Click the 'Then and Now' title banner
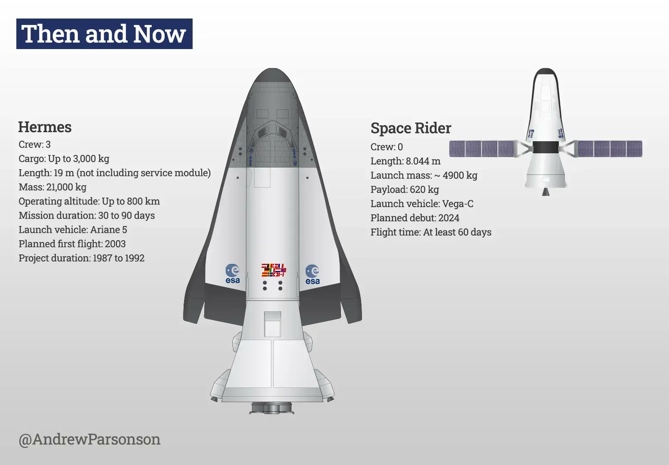pos(104,34)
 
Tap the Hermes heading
pos(45,127)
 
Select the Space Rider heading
pos(411,128)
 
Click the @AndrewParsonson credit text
pos(89,439)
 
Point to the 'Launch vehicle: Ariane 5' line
pos(73,229)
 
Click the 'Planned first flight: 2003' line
pos(72,244)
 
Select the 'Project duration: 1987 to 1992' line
pos(81,258)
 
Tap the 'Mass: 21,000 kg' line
pos(52,187)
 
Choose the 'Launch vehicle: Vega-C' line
pos(422,204)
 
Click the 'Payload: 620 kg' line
pos(405,189)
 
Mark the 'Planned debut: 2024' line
pos(414,218)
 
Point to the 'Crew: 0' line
pos(387,147)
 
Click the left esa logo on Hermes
pos(233,274)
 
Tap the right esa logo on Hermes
pos(313,275)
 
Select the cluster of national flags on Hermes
pos(273,270)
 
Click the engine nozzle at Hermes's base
pos(272,407)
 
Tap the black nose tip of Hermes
pos(272,75)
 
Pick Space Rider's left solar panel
pos(482,149)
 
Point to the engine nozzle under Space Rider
pos(546,191)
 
